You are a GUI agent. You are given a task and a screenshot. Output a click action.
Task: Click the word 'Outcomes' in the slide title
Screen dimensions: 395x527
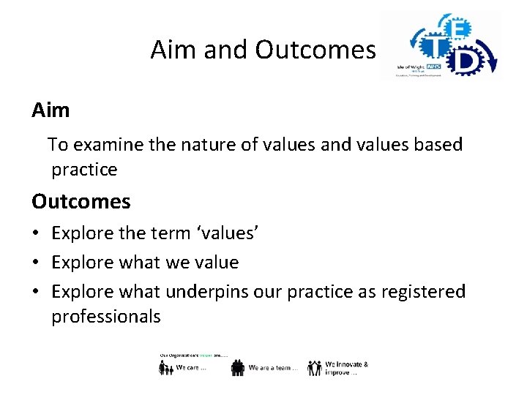point(315,50)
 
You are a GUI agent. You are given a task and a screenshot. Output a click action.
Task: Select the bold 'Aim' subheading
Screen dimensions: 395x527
point(51,110)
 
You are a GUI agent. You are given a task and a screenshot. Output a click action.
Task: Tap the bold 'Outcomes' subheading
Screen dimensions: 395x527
point(81,201)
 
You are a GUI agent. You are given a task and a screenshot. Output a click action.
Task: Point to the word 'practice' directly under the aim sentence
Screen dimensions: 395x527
point(84,170)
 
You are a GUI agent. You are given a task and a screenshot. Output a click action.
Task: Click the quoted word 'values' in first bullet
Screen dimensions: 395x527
point(224,233)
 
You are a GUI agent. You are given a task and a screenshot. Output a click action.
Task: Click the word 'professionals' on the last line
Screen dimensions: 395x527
point(105,317)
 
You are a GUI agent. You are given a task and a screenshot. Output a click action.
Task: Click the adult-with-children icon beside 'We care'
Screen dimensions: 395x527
point(165,368)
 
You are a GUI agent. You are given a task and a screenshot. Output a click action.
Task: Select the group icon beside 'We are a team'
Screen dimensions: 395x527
point(237,368)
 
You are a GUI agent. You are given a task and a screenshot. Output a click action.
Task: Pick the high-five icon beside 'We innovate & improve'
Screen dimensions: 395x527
point(315,367)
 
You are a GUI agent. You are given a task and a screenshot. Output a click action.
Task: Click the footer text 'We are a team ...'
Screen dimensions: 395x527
point(273,368)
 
